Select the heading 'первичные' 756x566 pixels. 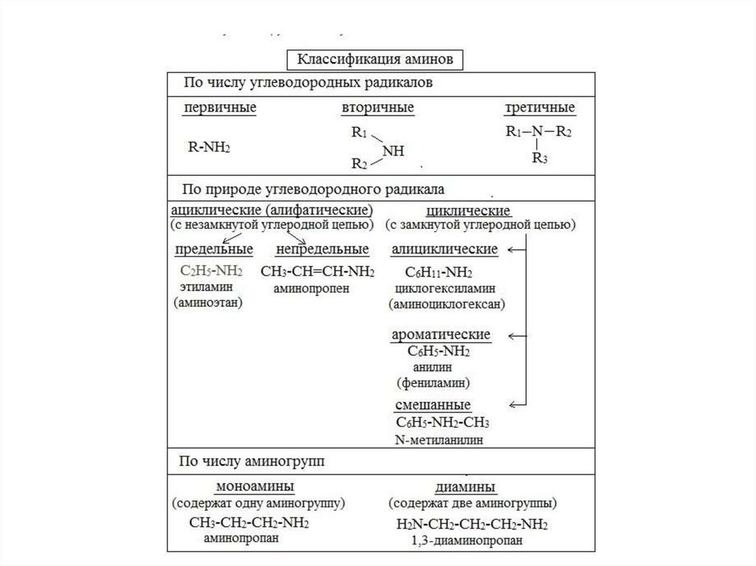click(220, 108)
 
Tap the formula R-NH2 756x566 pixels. click(210, 147)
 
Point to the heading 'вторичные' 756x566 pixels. click(377, 108)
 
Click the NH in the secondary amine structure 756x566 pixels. click(394, 151)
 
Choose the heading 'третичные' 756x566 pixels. click(540, 108)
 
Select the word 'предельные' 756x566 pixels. click(213, 249)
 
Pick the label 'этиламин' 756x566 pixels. click(205, 286)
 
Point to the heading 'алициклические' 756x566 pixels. click(444, 249)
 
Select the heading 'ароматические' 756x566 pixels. click(440, 335)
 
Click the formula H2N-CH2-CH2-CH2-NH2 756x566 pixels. click(472, 525)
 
